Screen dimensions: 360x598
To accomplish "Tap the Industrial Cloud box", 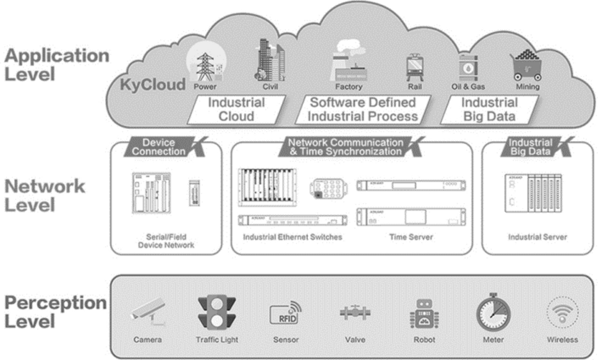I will [x=236, y=109].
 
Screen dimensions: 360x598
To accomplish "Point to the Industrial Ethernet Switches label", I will [x=293, y=238].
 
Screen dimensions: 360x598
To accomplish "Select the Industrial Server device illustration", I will [x=534, y=193].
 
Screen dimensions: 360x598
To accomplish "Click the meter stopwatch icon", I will [x=493, y=312].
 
